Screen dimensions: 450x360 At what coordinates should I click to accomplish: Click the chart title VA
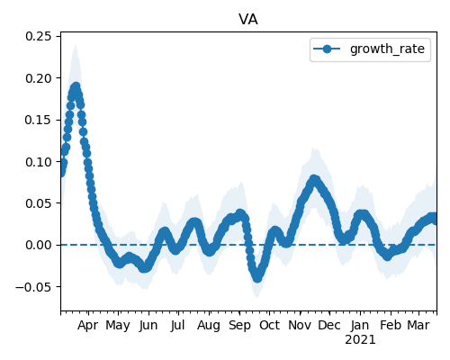[248, 20]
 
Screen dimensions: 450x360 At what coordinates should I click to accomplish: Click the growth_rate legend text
[387, 49]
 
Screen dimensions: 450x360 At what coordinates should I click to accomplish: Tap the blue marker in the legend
[327, 49]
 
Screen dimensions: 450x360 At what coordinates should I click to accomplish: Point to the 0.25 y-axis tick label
[38, 36]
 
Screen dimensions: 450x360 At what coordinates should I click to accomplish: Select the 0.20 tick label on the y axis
[38, 78]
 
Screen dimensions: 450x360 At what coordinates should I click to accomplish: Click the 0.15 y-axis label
[38, 120]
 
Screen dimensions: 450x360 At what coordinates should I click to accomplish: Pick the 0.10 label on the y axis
[38, 162]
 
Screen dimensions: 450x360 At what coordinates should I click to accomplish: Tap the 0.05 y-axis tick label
[38, 203]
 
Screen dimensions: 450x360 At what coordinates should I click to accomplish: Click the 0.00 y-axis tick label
[38, 245]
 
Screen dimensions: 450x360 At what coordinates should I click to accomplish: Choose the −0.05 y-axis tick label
[33, 287]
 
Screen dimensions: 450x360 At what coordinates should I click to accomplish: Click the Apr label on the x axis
[87, 326]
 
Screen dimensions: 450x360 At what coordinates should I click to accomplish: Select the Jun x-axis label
[148, 326]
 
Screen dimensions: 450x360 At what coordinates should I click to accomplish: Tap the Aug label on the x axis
[209, 326]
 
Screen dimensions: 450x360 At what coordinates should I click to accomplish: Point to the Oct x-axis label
[269, 325]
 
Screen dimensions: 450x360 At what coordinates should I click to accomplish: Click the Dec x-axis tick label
[329, 325]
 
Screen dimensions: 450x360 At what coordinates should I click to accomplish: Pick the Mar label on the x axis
[418, 325]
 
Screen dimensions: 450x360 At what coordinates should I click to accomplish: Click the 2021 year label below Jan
[360, 340]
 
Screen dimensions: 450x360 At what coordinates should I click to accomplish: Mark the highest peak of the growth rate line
[76, 87]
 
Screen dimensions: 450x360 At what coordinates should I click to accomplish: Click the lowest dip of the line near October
[257, 278]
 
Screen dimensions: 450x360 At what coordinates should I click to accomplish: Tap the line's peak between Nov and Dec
[314, 180]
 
